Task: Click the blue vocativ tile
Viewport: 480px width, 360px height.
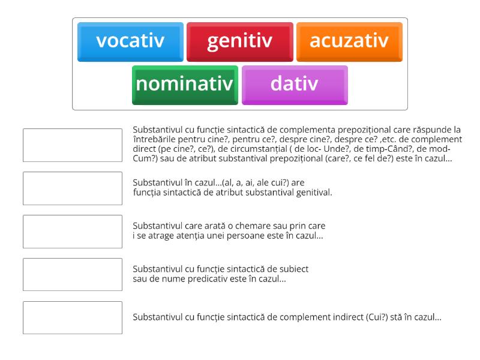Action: point(130,41)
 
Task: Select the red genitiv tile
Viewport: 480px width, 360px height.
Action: point(240,41)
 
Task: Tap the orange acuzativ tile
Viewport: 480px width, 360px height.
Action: point(349,41)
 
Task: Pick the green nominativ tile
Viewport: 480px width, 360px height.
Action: point(185,85)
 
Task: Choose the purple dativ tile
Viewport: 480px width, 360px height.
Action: point(295,85)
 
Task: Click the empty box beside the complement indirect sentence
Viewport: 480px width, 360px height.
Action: point(73,317)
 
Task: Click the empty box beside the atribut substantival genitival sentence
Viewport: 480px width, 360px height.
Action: point(73,188)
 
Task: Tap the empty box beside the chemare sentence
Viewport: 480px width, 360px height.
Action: point(73,231)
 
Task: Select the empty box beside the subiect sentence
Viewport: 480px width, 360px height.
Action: point(73,274)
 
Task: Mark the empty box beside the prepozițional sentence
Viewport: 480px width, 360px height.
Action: point(73,145)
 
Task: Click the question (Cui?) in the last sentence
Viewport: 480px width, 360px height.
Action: point(377,317)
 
